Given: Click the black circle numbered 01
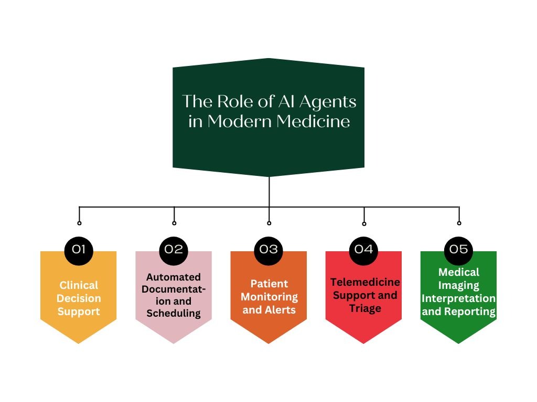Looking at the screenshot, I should [79, 249].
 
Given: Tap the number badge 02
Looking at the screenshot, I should [174, 249].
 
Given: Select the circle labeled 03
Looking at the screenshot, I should [268, 249].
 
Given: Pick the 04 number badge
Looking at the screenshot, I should [363, 249].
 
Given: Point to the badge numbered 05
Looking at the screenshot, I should [458, 249].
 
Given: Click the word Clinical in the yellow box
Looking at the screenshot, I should [79, 285].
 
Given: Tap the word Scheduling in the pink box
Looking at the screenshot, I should [174, 314].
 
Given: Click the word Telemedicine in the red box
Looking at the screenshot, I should [365, 282].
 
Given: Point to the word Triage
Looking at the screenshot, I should [365, 308].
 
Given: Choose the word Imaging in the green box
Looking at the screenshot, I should [459, 285].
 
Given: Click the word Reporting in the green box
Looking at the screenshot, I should [470, 311].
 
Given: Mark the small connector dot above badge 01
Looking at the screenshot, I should [79, 223].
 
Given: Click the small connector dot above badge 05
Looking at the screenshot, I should [459, 223].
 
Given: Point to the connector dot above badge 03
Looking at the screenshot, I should [269, 223].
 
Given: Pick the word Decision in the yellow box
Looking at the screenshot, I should [79, 298].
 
